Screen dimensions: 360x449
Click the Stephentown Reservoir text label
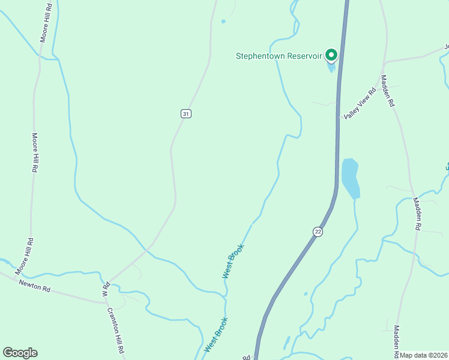[x=279, y=56]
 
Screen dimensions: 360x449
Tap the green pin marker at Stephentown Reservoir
[x=331, y=55]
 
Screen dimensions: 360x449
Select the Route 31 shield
[x=186, y=113]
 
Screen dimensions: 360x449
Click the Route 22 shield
[x=318, y=232]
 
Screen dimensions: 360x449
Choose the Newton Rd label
[x=35, y=286]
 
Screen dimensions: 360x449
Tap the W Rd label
[x=106, y=290]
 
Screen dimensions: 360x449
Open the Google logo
[x=20, y=353]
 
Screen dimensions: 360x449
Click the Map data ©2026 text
[x=424, y=355]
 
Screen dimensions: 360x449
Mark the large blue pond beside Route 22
[x=350, y=178]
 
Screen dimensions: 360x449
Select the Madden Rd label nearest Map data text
[x=397, y=339]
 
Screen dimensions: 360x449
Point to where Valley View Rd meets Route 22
[x=340, y=118]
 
